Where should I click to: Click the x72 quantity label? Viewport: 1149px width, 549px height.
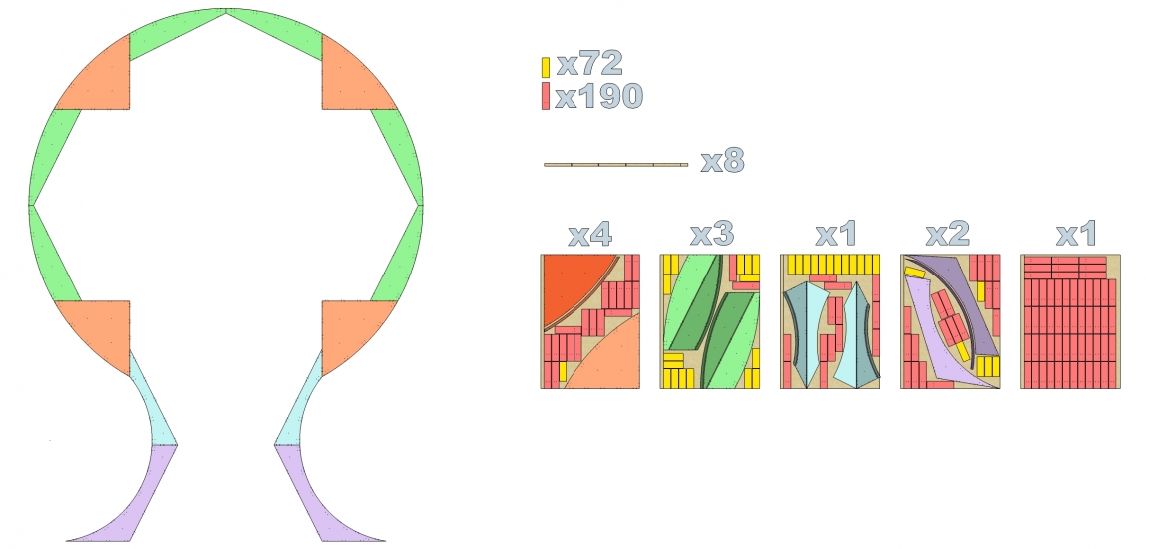click(x=589, y=65)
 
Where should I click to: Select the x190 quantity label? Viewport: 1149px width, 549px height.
click(x=598, y=96)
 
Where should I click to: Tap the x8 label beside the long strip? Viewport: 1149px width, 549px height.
click(x=722, y=161)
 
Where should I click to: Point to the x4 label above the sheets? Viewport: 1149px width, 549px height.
click(x=589, y=234)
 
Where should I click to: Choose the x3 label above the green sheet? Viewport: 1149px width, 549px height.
click(x=712, y=234)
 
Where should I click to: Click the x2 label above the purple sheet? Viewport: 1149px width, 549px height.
click(x=948, y=234)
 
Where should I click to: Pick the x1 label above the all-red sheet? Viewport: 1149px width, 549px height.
click(x=1075, y=234)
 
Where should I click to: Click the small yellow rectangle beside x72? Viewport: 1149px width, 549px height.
click(x=546, y=67)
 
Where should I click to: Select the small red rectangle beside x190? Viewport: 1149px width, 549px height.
click(x=546, y=97)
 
